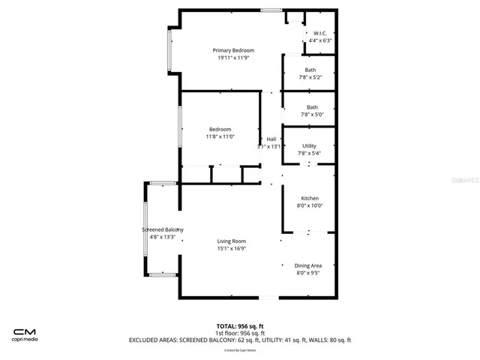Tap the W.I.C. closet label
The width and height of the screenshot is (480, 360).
coord(319,34)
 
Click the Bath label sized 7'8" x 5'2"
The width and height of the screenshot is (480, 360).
coord(310,70)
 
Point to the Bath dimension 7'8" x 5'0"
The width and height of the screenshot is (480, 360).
coord(310,115)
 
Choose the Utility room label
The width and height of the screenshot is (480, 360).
coord(310,145)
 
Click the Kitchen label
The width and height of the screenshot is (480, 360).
coord(310,198)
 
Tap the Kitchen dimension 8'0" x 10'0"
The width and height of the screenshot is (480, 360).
coord(310,205)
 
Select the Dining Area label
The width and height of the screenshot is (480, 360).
coord(309,265)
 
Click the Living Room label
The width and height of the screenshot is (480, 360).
coord(232,241)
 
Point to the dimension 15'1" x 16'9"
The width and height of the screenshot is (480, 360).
coord(232,248)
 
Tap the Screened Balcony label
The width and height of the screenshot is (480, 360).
coord(163,229)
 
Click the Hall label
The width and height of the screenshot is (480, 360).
coord(271,139)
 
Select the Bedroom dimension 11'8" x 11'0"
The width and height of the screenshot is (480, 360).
coord(220,136)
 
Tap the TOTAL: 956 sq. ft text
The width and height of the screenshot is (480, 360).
coord(239,326)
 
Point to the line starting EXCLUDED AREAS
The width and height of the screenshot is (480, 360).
coord(239,340)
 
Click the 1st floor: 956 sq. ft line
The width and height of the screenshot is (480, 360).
coord(239,333)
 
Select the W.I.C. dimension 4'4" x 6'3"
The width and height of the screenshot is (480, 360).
coord(319,41)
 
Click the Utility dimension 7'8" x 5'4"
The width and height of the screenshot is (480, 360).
coord(310,153)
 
